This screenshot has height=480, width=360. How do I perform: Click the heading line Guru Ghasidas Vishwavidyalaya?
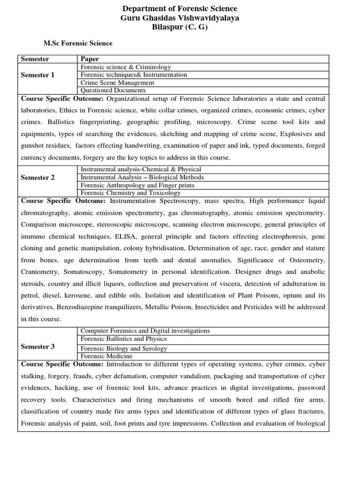(x=180, y=18)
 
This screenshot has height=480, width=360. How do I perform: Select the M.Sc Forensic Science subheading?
(x=78, y=44)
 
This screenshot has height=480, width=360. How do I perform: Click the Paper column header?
(x=90, y=59)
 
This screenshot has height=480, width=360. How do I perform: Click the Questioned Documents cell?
(x=113, y=90)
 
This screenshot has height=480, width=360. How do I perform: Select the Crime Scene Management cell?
(x=118, y=82)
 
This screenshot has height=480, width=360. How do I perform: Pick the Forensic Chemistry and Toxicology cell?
(x=130, y=193)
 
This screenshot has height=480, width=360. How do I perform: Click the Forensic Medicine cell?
(x=106, y=356)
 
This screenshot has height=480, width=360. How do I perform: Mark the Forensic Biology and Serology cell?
(x=124, y=348)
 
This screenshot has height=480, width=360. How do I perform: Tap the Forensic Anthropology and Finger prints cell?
(x=137, y=185)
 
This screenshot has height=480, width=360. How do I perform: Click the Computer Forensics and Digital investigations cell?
(x=145, y=330)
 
